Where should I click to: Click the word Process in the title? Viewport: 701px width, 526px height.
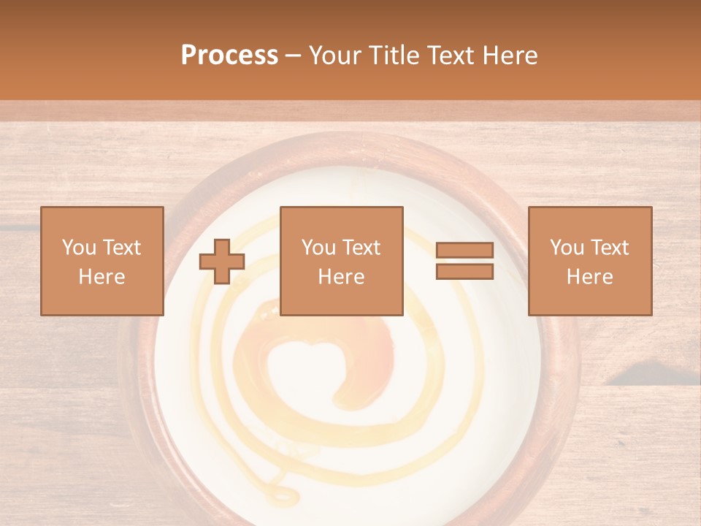click(x=229, y=56)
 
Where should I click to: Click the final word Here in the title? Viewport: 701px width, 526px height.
click(x=509, y=56)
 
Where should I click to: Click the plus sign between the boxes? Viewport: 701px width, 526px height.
click(x=222, y=262)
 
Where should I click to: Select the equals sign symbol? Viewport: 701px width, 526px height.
click(x=464, y=261)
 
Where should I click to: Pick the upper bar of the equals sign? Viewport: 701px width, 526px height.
click(x=464, y=251)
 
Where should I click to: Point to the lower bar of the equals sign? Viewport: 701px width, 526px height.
click(x=464, y=271)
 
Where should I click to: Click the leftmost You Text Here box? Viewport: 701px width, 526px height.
click(x=101, y=261)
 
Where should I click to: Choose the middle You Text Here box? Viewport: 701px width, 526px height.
click(x=341, y=261)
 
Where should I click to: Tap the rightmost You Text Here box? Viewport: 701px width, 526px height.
click(x=589, y=261)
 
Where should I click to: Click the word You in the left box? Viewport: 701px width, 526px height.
click(x=77, y=248)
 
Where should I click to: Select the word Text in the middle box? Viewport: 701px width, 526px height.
click(x=359, y=248)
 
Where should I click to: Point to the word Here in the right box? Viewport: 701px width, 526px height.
click(x=589, y=277)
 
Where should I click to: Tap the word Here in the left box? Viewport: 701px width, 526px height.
click(x=101, y=277)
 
